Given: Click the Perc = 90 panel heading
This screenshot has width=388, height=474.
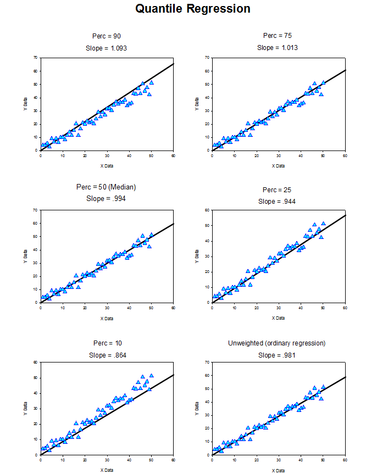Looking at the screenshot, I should pos(107,36).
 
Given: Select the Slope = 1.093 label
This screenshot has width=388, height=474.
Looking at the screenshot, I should pos(107,48).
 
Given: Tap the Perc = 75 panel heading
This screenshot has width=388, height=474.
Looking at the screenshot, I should pos(278,36).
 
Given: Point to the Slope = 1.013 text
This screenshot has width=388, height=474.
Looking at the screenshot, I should pos(278,48).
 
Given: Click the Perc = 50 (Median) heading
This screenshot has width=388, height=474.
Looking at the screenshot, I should pos(106,187).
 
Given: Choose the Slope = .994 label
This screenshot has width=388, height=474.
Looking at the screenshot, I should pos(106,198).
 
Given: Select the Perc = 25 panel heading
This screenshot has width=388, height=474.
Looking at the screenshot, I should pos(278,190).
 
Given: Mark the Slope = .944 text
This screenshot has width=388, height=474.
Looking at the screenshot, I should pos(278,202).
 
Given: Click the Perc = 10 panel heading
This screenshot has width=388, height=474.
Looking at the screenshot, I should pos(106,343).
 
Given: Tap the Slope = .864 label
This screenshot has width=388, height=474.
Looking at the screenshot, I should pos(106,355).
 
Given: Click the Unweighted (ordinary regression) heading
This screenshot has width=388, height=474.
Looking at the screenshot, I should pos(277,343).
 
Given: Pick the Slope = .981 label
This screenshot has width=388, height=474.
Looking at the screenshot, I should pos(277,355).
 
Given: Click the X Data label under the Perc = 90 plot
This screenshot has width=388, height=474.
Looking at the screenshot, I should pos(107,165).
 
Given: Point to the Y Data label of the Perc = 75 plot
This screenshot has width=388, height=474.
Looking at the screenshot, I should pos(197,104).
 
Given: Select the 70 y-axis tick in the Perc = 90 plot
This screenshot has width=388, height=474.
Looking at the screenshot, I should pos(35,58).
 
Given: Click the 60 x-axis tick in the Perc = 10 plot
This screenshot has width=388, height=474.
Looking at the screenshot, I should pos(174,460).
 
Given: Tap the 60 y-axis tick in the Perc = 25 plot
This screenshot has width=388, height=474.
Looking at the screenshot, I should pos(207,210).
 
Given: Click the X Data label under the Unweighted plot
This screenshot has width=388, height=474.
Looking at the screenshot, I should pos(278,470).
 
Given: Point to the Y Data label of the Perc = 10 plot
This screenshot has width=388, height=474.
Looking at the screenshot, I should pos(25,408).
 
